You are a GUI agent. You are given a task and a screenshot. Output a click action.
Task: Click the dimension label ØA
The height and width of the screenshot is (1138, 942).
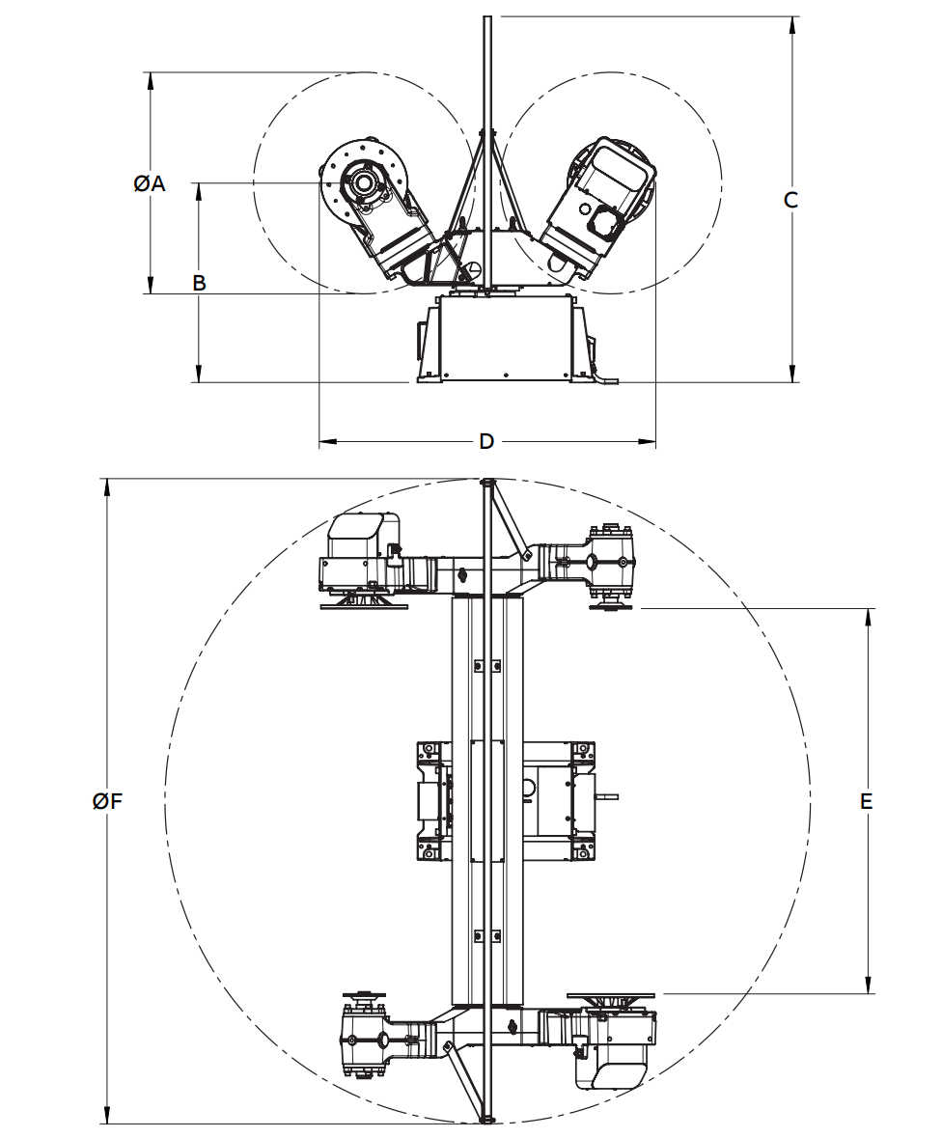coord(150,183)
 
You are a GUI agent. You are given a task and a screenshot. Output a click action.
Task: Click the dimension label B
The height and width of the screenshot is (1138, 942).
coord(199,283)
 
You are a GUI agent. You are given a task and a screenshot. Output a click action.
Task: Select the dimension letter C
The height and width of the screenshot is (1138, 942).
coord(790,200)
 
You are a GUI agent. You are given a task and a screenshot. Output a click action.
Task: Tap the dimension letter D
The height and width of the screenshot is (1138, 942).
coord(486,442)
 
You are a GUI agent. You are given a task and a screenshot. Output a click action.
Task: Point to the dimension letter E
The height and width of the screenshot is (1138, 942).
coord(867,801)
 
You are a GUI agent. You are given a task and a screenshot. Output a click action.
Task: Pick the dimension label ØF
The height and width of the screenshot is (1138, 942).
coord(107,801)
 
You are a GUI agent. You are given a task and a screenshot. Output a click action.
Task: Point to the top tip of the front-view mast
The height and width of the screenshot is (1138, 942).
coord(487,17)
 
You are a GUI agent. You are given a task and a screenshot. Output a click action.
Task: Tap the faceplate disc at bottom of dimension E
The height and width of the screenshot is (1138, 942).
coord(612,994)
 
